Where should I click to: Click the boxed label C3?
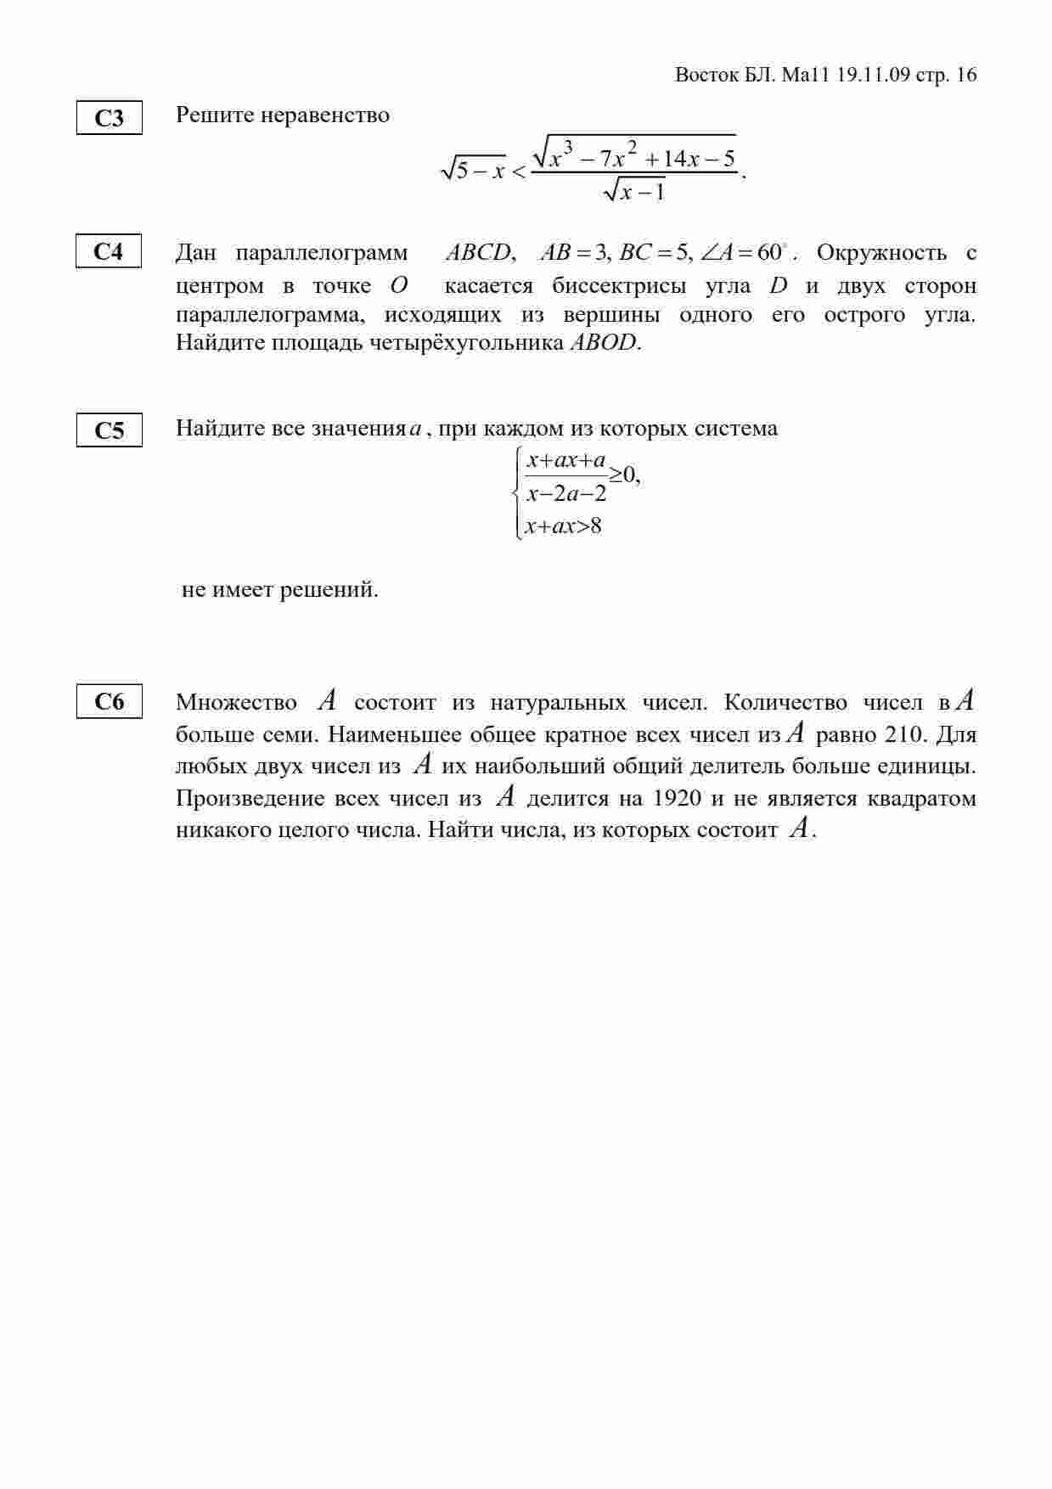(109, 118)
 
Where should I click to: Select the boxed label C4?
(108, 251)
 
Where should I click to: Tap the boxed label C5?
(109, 430)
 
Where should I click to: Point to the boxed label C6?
(109, 701)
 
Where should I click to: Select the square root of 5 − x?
(473, 170)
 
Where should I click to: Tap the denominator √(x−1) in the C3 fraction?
(633, 193)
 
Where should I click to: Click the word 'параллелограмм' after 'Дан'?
(321, 253)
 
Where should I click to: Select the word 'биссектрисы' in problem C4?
(619, 285)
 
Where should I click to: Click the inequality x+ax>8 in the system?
(563, 526)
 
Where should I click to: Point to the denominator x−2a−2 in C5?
(566, 493)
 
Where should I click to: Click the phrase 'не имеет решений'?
(280, 589)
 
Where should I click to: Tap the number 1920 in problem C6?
(678, 798)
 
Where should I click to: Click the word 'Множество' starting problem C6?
(236, 703)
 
